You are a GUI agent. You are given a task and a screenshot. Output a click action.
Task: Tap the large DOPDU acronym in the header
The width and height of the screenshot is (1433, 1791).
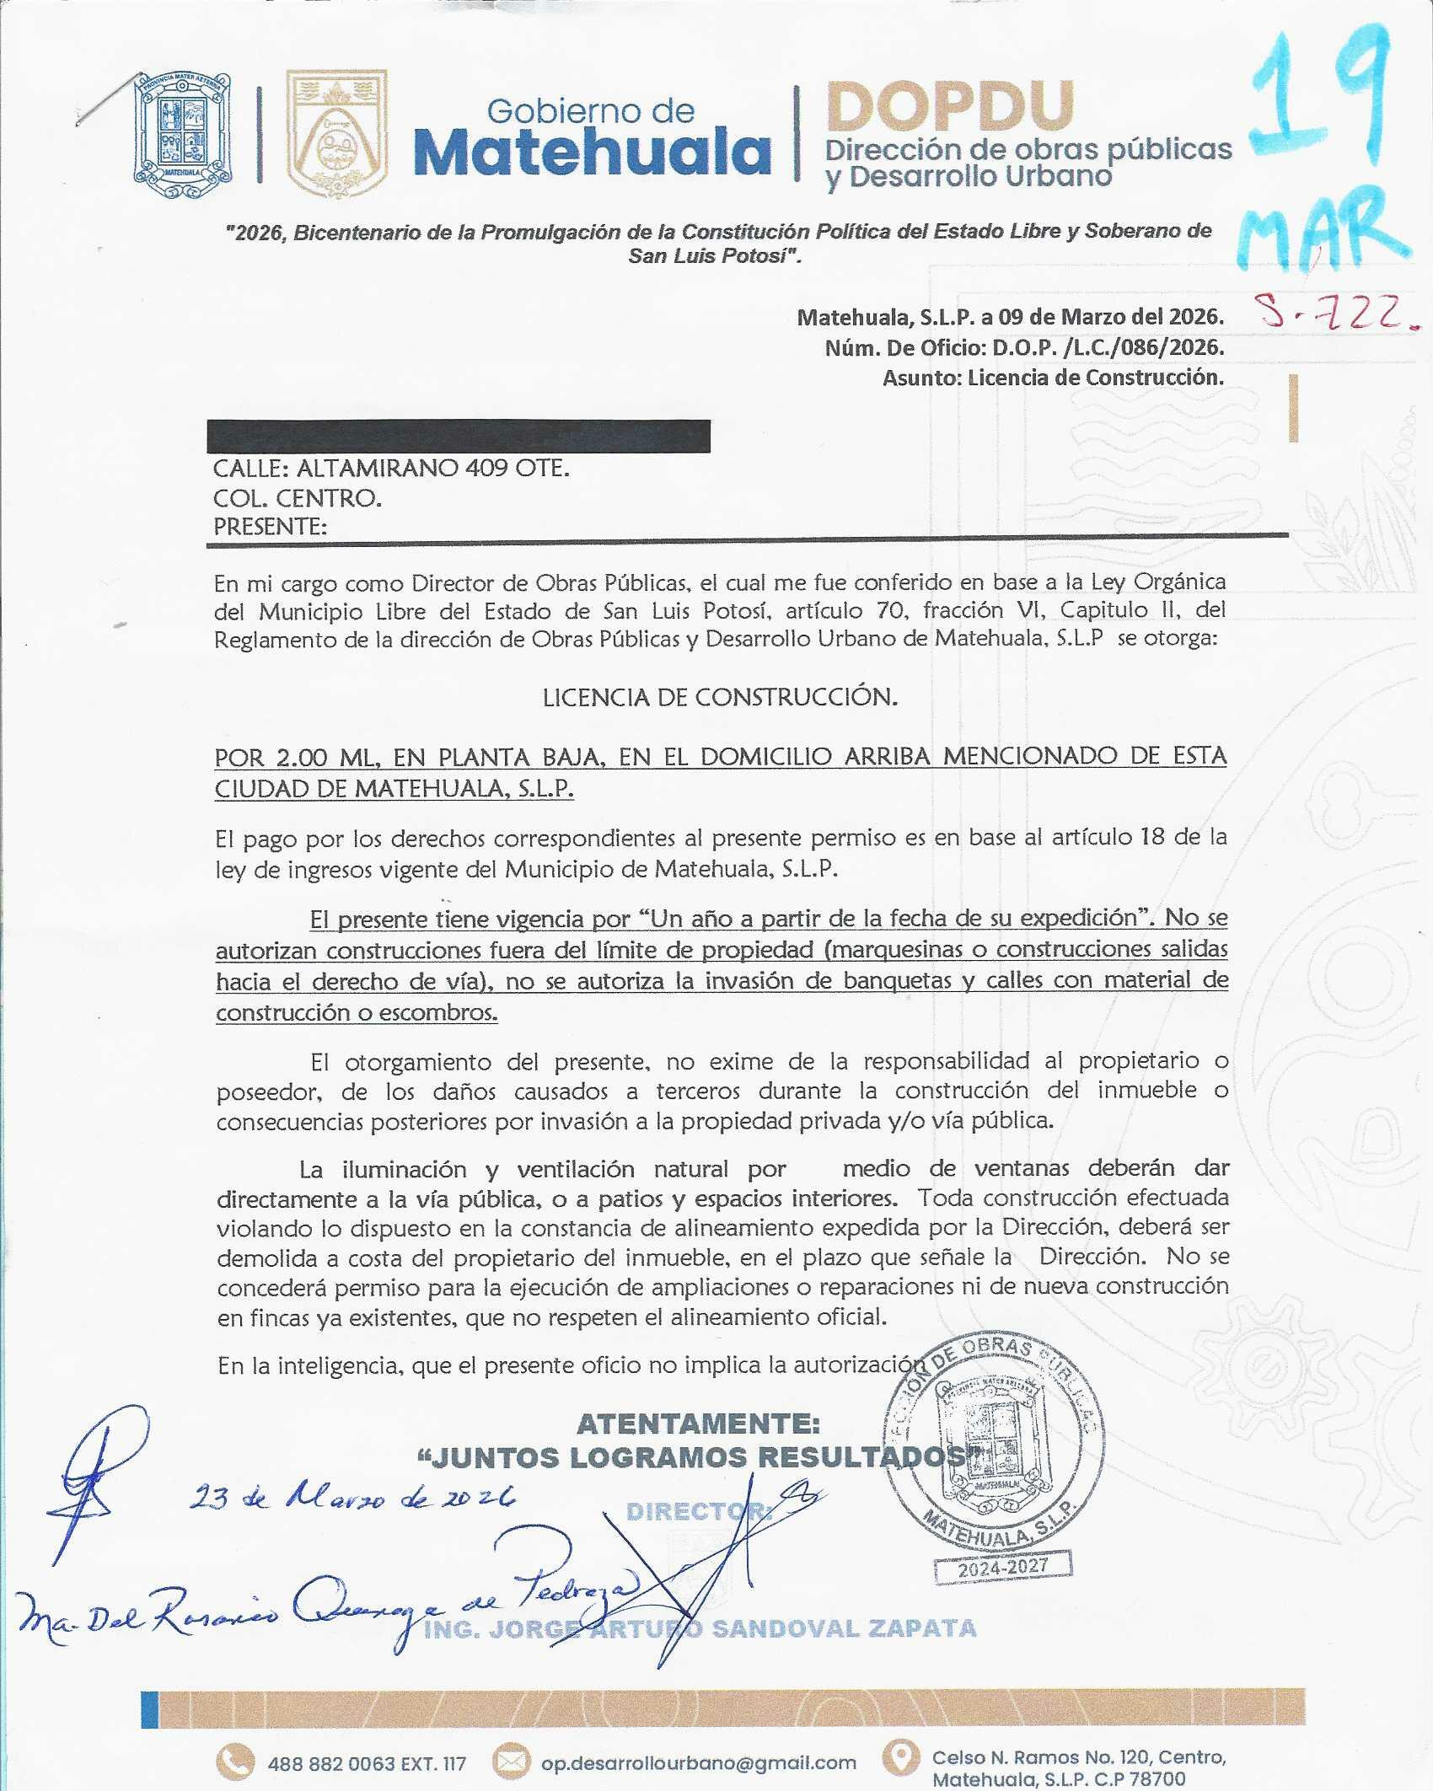pos(950,106)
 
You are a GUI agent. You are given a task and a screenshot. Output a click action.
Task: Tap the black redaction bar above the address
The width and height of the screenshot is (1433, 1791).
pos(458,436)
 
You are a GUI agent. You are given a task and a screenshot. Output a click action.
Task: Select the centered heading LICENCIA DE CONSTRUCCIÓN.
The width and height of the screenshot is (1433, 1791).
pos(720,697)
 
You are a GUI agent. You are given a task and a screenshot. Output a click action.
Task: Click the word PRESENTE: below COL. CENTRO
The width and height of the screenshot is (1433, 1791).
pos(270,527)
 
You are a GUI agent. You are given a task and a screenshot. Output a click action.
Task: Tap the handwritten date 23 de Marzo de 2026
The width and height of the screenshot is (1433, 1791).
pos(352,1497)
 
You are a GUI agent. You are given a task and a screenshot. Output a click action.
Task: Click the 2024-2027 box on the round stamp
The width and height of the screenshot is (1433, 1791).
pos(1002,1567)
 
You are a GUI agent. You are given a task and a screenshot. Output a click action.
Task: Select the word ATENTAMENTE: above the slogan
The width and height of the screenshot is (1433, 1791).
pos(698,1424)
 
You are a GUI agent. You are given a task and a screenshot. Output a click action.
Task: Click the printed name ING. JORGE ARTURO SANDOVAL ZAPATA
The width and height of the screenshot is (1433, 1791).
pos(700,1628)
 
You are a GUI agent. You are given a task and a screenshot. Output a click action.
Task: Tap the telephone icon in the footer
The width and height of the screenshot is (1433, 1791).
pos(235,1762)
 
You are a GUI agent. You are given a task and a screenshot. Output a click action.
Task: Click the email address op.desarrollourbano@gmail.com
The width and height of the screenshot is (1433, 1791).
pos(698,1762)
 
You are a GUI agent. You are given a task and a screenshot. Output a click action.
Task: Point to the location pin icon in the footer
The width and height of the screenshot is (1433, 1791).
pos(900,1757)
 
